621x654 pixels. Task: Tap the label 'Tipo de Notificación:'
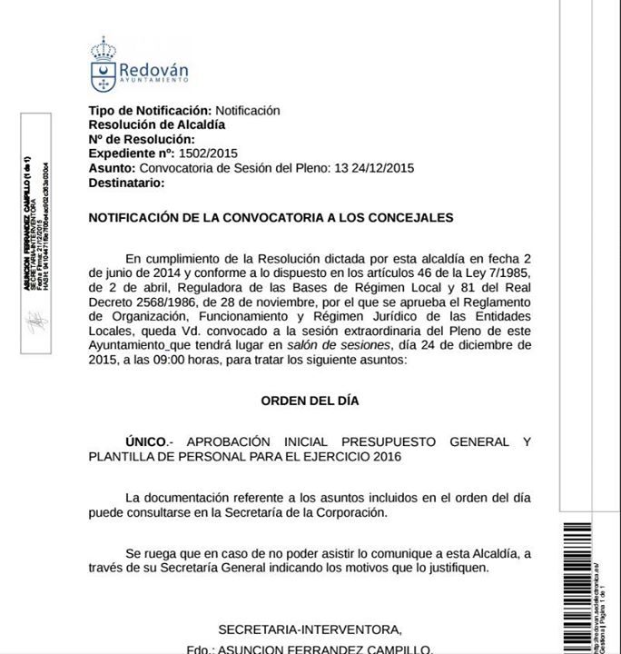(x=150, y=110)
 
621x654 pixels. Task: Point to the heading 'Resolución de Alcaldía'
(x=157, y=124)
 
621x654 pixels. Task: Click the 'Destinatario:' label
(x=126, y=183)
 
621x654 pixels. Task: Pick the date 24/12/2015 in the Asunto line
(x=383, y=168)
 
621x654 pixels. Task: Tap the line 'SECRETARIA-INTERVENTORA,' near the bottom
(x=309, y=629)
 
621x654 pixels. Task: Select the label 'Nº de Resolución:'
(x=142, y=139)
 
